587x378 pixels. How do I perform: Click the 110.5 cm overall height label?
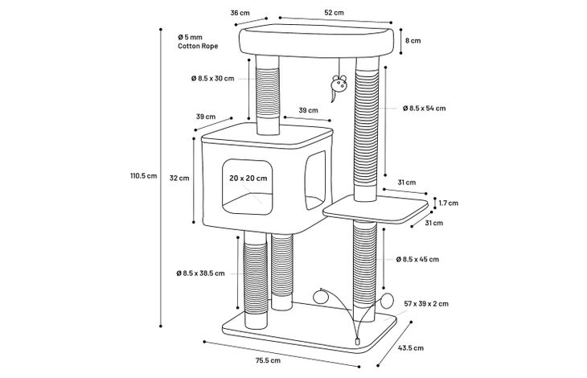[x=143, y=175]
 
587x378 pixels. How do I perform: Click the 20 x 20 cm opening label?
[x=248, y=178]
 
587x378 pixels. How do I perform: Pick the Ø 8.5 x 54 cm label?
[x=424, y=108]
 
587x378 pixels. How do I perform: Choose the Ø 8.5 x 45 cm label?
[x=417, y=259]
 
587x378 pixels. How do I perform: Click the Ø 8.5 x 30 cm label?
[x=213, y=78]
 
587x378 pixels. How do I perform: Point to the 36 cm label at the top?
[x=239, y=13]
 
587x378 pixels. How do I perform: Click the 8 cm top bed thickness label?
[x=413, y=39]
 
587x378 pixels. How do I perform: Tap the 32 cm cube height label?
[x=179, y=179]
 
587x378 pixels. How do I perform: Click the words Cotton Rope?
[x=198, y=47]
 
